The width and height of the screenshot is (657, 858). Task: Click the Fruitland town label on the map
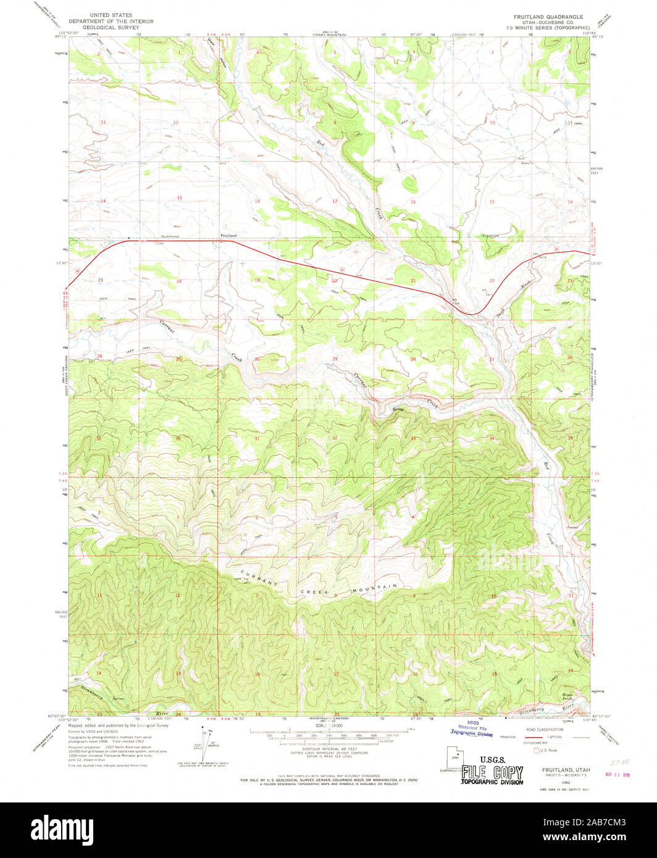[228, 236]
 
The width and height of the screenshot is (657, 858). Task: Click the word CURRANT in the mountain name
[255, 577]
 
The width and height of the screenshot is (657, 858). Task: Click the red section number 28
[413, 359]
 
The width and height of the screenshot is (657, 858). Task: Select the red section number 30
[257, 359]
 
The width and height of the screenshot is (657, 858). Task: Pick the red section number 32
[335, 438]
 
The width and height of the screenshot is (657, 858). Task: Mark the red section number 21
[413, 280]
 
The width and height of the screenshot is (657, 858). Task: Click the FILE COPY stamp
[492, 773]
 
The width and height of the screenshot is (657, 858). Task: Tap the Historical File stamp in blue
[472, 730]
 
